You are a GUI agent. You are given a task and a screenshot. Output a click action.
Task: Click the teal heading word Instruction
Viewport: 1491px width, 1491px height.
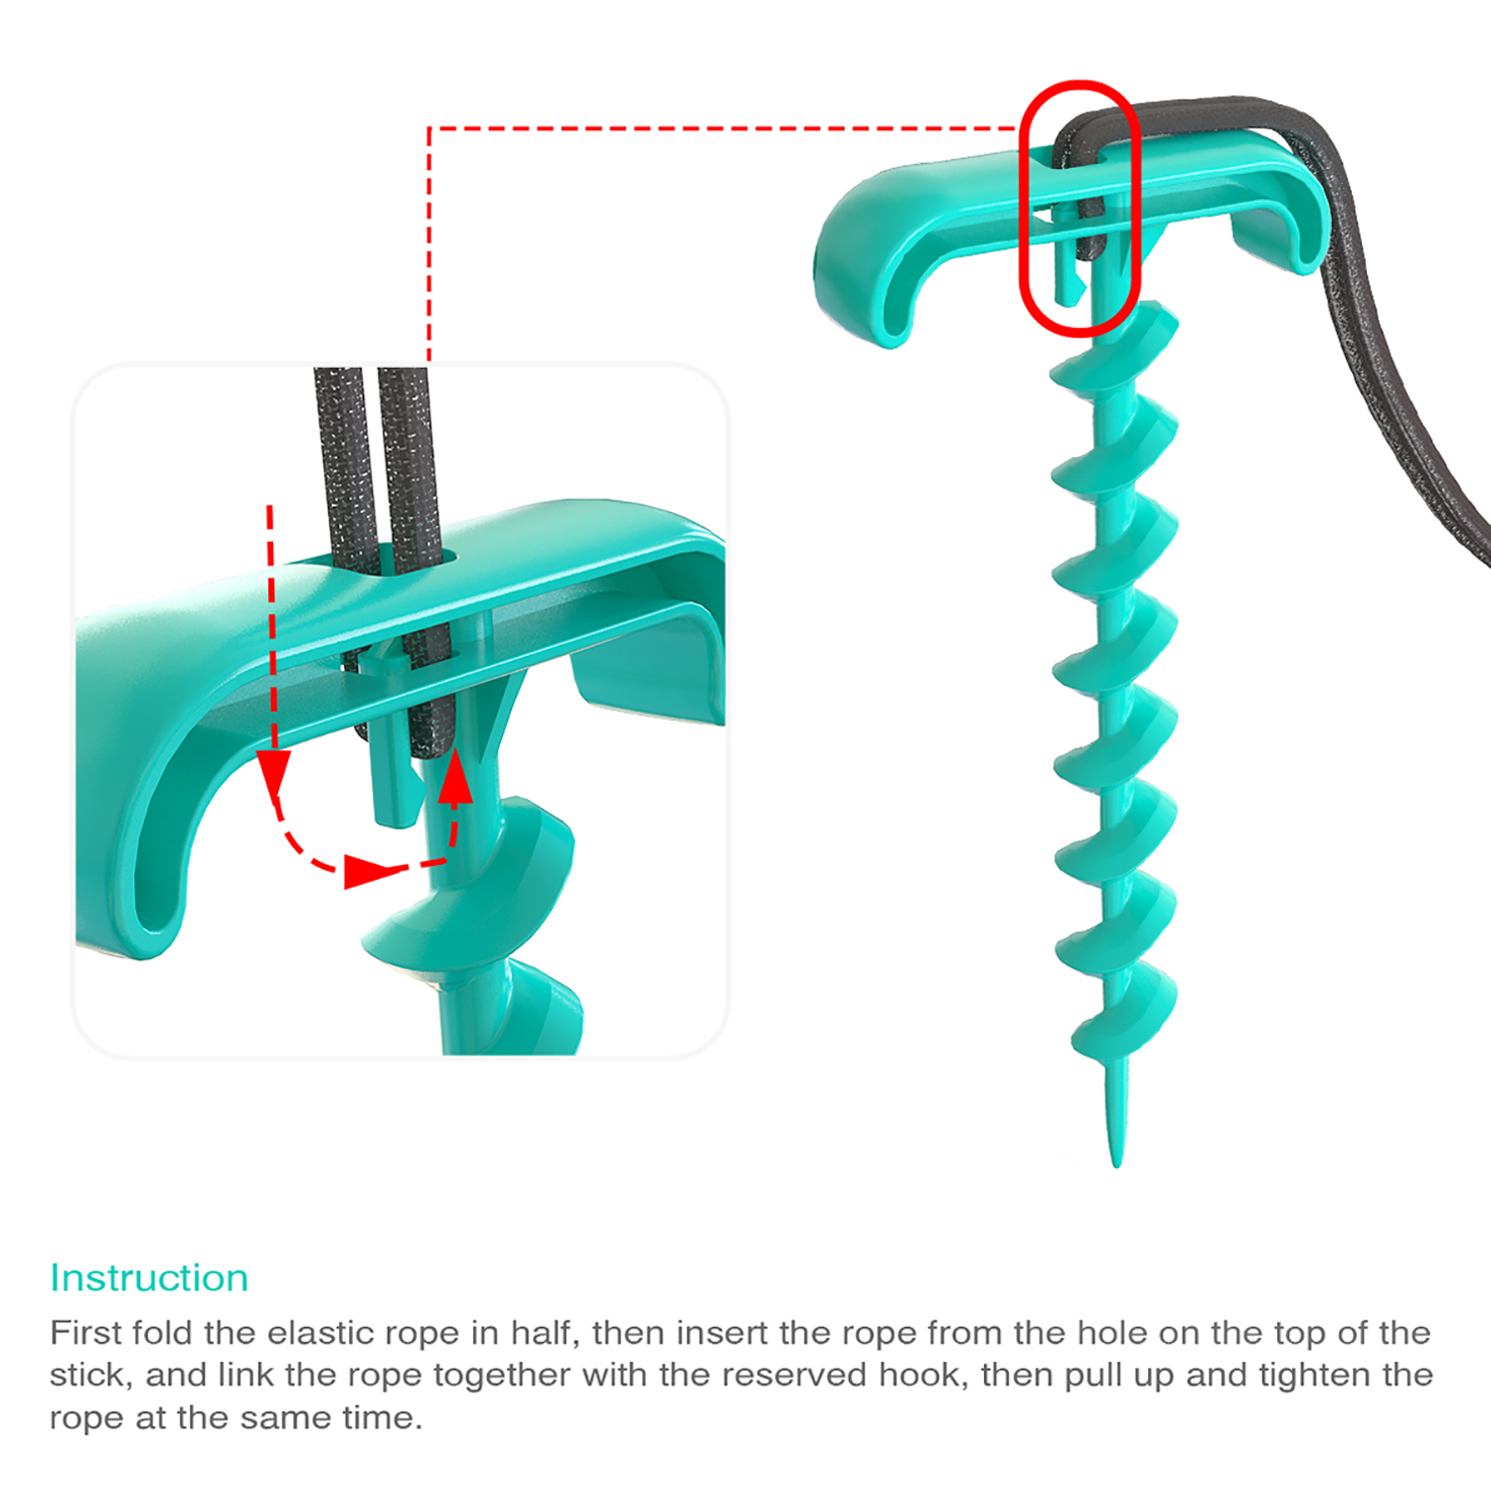coord(149,1277)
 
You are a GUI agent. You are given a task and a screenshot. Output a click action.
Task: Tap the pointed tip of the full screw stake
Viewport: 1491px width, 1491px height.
coord(1117,1165)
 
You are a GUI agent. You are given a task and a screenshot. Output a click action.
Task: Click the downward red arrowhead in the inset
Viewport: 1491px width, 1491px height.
coord(272,771)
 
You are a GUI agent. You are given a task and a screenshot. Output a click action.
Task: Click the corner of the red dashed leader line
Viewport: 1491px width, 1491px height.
coord(429,128)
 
